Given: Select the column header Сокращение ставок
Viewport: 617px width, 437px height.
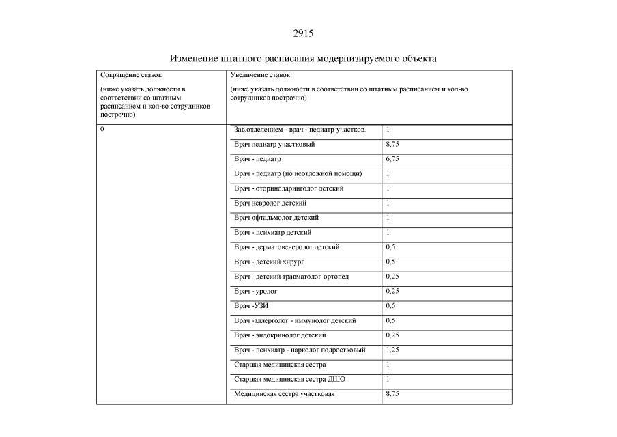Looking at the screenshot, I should click(x=131, y=75).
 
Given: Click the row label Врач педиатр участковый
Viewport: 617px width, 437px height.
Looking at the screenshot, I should click(x=274, y=144).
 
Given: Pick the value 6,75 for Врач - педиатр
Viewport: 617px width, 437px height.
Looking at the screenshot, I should click(x=392, y=159).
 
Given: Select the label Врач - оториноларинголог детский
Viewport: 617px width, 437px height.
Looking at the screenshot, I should click(x=289, y=188).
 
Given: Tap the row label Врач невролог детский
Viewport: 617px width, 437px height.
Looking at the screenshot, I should click(x=270, y=203).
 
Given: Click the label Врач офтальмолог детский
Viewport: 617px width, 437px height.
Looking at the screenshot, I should click(x=276, y=218).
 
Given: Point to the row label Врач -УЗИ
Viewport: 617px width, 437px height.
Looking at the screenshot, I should click(x=250, y=306).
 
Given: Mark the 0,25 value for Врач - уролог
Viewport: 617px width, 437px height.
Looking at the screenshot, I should click(x=392, y=291).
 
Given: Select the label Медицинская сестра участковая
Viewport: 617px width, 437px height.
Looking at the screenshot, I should click(x=285, y=394).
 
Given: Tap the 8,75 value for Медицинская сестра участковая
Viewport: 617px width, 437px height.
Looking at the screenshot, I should click(x=392, y=394).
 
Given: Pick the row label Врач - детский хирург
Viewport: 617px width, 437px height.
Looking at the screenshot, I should click(x=272, y=262).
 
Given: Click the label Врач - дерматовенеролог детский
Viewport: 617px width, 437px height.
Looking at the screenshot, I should click(x=287, y=247).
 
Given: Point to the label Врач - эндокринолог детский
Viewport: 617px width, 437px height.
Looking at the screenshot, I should click(x=280, y=335).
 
